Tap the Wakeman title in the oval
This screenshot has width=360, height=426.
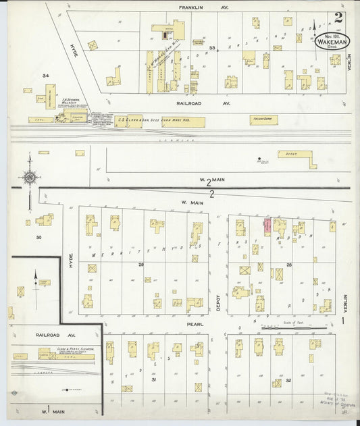(x=330, y=41)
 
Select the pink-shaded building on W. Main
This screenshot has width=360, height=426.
(x=267, y=226)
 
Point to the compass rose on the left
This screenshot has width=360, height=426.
(x=30, y=178)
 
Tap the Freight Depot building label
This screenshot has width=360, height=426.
(x=263, y=119)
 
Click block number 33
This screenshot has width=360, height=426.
(x=211, y=48)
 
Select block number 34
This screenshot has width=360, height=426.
(x=46, y=76)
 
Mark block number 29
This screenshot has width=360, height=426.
(x=141, y=264)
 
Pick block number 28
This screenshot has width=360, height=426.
(x=288, y=264)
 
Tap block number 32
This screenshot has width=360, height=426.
(x=288, y=380)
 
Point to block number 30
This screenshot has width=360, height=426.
(x=38, y=237)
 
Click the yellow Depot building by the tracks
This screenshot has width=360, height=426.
(x=297, y=159)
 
